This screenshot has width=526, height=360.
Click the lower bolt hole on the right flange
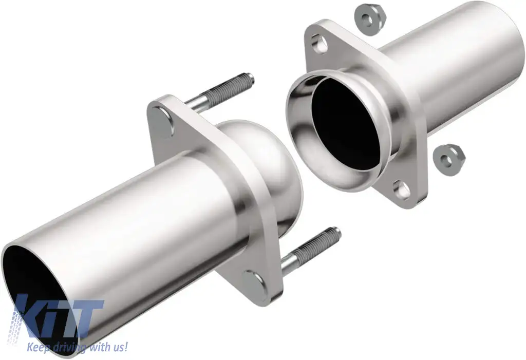point(402,190)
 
